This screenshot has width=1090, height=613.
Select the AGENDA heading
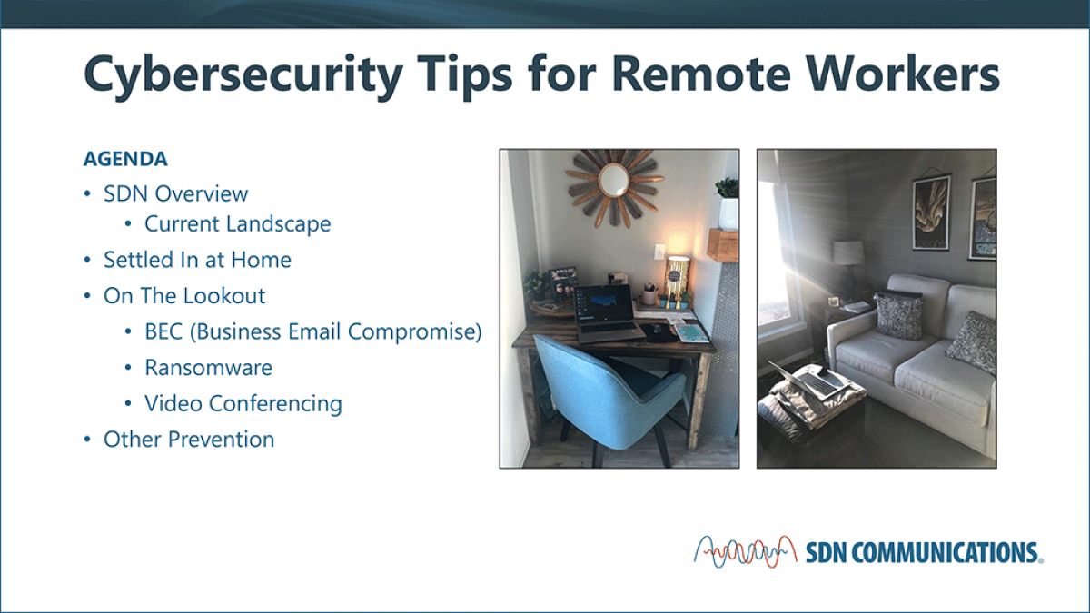pyautogui.click(x=125, y=159)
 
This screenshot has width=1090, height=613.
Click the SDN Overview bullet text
pyautogui.click(x=175, y=193)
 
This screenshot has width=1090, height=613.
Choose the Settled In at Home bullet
pyautogui.click(x=197, y=260)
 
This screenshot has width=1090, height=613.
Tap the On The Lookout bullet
pyautogui.click(x=184, y=296)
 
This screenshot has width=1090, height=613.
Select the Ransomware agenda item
pyautogui.click(x=208, y=368)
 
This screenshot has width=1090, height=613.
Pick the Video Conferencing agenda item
pyautogui.click(x=243, y=404)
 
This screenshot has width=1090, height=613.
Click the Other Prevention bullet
pyautogui.click(x=189, y=440)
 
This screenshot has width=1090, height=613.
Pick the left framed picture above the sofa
pyautogui.click(x=931, y=213)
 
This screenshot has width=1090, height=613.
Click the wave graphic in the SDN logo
pyautogui.click(x=746, y=552)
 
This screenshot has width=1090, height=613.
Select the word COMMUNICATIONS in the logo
pyautogui.click(x=945, y=553)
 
